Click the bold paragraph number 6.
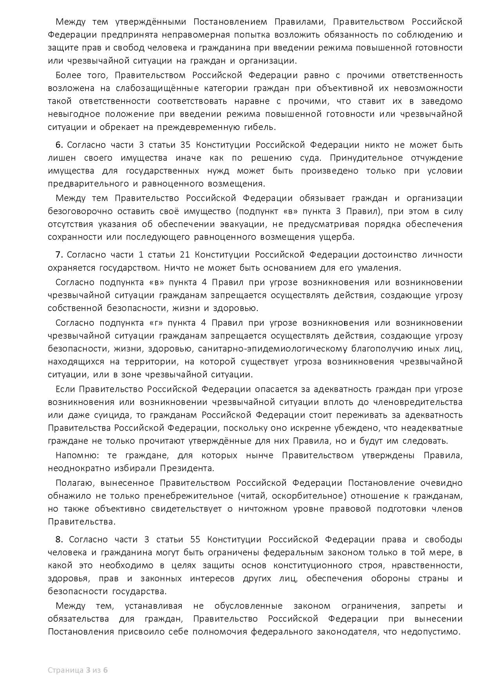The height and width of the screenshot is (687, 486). (59, 145)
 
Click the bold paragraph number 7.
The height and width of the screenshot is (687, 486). (59, 255)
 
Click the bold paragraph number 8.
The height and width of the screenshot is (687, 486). (59, 539)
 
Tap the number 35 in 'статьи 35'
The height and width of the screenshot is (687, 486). (185, 145)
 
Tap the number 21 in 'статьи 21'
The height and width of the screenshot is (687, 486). (185, 255)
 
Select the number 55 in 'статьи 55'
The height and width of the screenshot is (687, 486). (195, 539)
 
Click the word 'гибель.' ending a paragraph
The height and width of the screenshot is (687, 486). (261, 127)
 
